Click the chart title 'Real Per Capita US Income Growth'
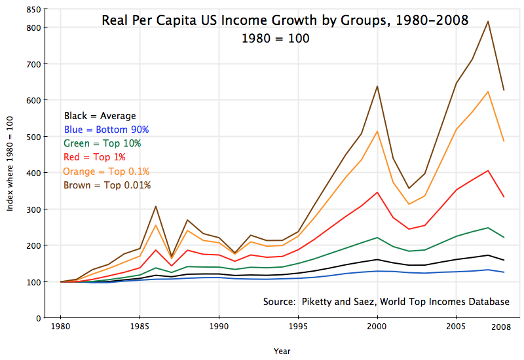click(x=285, y=20)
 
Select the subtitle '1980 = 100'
click(x=275, y=39)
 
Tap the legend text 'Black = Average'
click(x=100, y=117)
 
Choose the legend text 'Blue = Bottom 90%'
click(x=107, y=130)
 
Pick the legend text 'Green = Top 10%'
click(x=102, y=143)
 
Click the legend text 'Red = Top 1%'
click(x=94, y=157)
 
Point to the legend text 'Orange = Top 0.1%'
click(x=106, y=171)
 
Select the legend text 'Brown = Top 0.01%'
click(x=107, y=185)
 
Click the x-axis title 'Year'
click(x=282, y=351)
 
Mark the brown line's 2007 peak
click(x=488, y=22)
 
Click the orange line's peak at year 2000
click(x=377, y=132)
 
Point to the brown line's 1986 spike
click(x=155, y=207)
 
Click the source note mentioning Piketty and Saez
click(x=386, y=302)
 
